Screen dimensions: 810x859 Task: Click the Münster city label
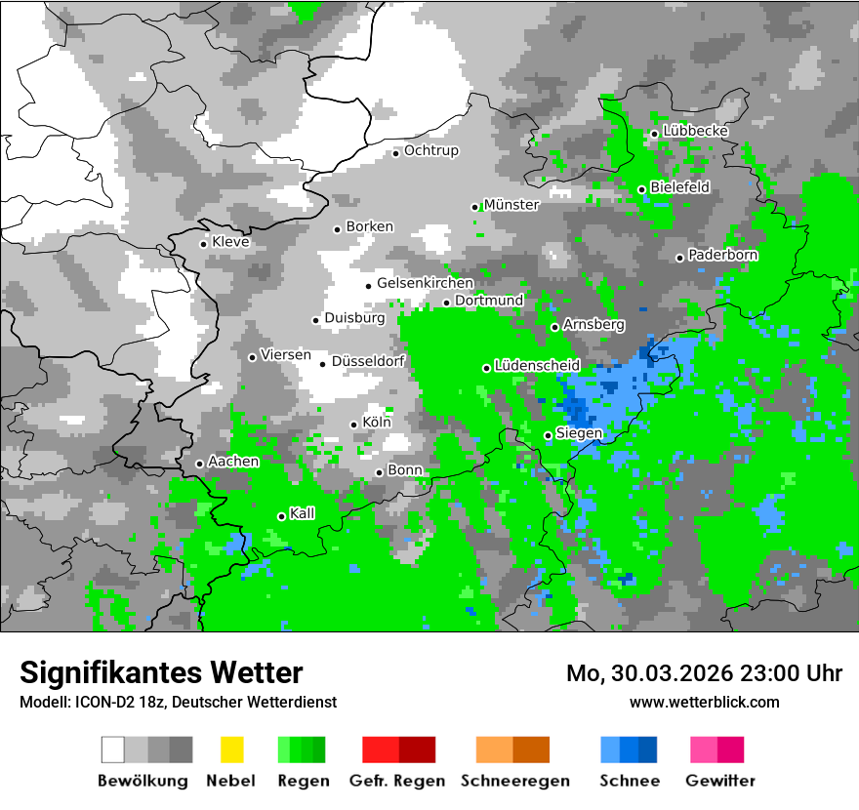click(x=511, y=205)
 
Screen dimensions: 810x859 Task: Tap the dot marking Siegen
click(x=548, y=435)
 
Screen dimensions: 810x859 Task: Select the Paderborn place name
click(x=723, y=255)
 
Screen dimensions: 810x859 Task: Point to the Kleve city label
click(x=230, y=242)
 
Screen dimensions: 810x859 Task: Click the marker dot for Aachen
click(x=199, y=464)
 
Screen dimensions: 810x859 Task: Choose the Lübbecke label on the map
click(x=696, y=131)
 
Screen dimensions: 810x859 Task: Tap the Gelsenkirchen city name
click(x=425, y=283)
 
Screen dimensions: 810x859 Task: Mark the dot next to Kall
click(x=281, y=516)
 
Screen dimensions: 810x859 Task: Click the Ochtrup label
click(x=431, y=150)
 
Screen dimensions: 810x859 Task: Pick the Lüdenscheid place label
click(x=537, y=365)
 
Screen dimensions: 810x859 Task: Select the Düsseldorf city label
click(x=368, y=361)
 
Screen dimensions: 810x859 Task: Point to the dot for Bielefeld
click(x=641, y=189)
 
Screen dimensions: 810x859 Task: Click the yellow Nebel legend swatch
click(x=231, y=749)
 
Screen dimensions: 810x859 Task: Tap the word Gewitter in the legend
click(x=719, y=781)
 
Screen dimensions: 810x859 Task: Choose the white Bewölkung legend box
click(x=113, y=749)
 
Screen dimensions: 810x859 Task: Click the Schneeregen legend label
click(x=514, y=781)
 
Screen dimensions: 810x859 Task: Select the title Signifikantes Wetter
click(x=161, y=672)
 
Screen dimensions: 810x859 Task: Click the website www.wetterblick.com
click(x=704, y=702)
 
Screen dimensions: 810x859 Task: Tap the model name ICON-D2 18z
click(x=118, y=702)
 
